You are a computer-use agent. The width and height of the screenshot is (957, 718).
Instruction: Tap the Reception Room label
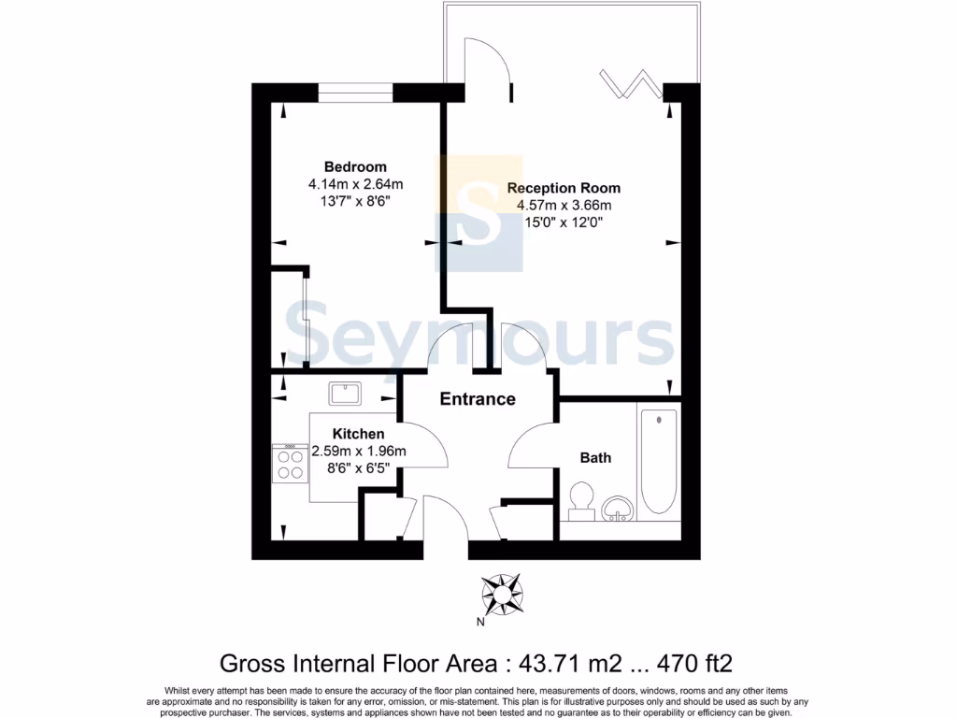(564, 188)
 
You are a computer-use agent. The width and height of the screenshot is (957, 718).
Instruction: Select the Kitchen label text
(359, 434)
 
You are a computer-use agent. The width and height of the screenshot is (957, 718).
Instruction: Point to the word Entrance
(478, 399)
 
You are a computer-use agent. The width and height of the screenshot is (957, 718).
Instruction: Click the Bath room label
(595, 457)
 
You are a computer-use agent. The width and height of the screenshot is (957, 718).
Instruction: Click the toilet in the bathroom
(582, 499)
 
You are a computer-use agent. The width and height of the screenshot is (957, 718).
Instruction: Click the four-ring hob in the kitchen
(291, 463)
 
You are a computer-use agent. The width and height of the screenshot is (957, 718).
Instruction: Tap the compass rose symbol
(503, 592)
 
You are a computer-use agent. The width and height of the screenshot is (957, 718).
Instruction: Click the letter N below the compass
(480, 624)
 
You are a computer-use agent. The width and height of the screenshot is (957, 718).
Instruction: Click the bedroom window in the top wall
(355, 92)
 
